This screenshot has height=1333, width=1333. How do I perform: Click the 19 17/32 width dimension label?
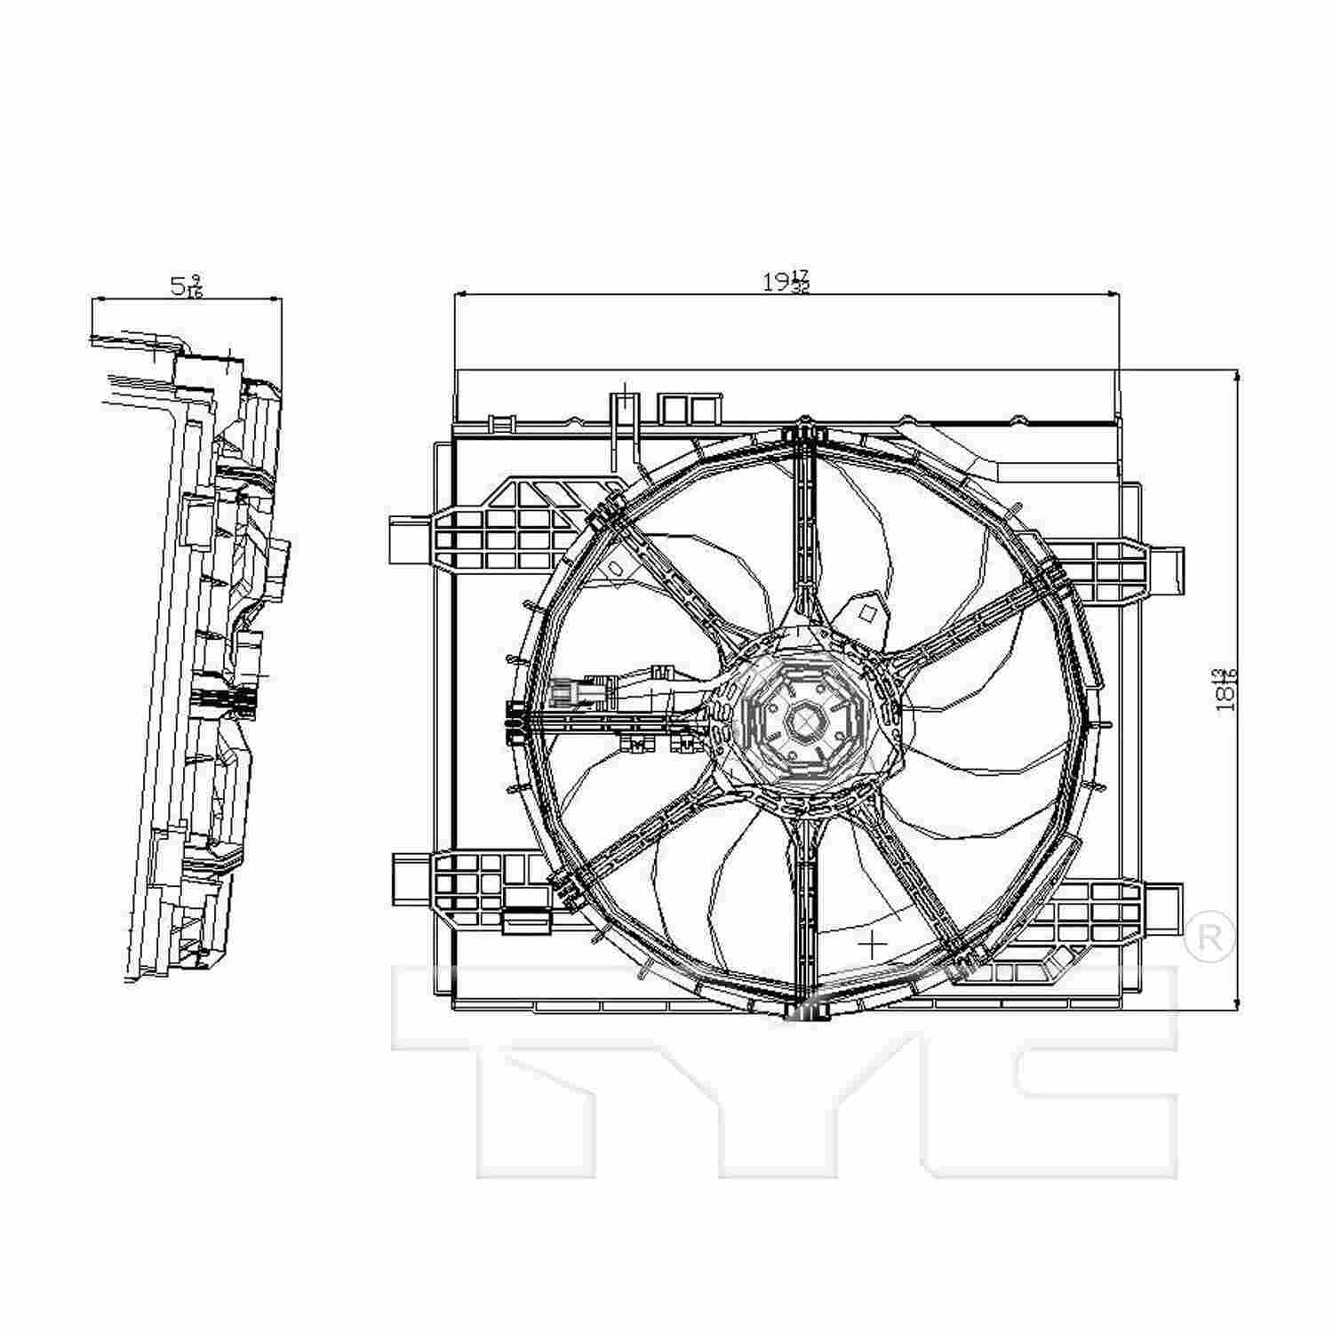coord(786,283)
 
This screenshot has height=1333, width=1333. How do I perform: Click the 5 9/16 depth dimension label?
coord(186,286)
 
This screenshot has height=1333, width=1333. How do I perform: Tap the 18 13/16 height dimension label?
coord(1228,689)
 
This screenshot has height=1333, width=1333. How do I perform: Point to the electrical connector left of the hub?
coord(578,691)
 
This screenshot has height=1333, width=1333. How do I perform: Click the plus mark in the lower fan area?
coord(875,942)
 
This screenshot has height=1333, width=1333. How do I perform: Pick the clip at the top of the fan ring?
coord(805,431)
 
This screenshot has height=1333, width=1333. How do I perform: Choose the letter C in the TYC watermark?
coord(1040,1066)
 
